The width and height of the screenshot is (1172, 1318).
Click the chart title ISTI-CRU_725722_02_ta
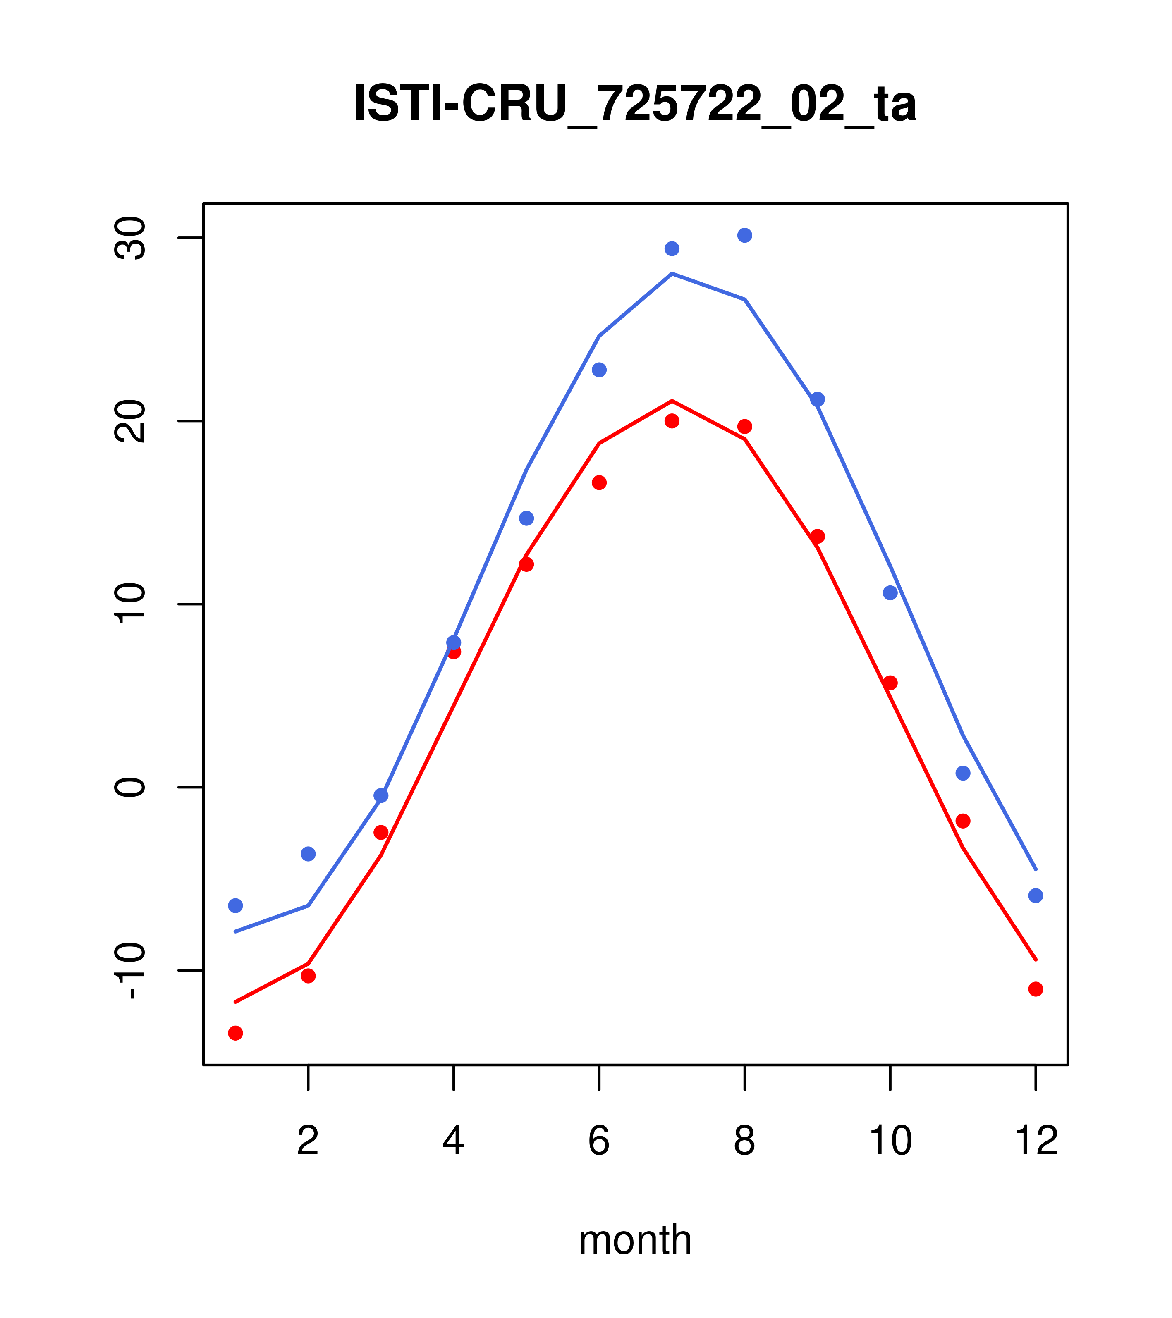tap(635, 104)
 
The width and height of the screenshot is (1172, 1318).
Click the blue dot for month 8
tap(744, 235)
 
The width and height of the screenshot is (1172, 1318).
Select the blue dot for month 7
tap(672, 248)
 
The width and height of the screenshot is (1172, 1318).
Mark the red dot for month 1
tap(235, 1033)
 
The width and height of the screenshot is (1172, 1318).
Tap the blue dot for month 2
tap(309, 854)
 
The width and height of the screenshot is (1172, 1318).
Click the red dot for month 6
tap(599, 482)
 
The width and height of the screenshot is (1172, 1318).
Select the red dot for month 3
tap(381, 833)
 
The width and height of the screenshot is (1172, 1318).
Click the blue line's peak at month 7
tap(672, 273)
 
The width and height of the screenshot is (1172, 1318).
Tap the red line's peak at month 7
tap(672, 401)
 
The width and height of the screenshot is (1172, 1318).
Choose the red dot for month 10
tap(890, 683)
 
